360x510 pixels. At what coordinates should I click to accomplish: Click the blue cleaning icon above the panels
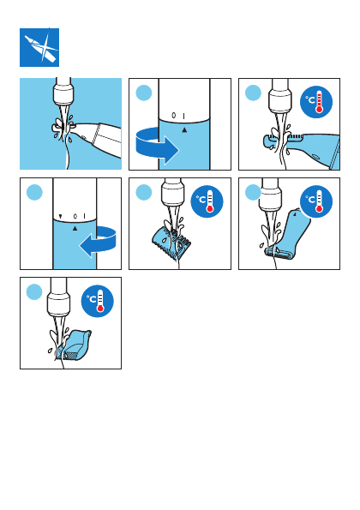[x=39, y=47]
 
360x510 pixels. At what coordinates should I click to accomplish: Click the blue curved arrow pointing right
[x=157, y=147]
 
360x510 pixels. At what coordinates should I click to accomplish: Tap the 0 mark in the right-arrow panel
[x=174, y=116]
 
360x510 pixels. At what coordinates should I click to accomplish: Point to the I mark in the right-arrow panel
[x=183, y=116]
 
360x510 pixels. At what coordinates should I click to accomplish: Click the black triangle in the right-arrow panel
[x=184, y=130]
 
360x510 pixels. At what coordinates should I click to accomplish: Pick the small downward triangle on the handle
[x=60, y=216]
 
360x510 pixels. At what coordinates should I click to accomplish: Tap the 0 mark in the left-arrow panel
[x=75, y=216]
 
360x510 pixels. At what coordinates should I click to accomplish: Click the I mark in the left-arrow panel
[x=84, y=216]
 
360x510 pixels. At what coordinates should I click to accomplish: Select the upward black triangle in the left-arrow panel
[x=75, y=229]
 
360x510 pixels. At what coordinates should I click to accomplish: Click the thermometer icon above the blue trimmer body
[x=316, y=102]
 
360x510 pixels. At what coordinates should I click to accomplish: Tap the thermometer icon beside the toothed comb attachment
[x=207, y=201]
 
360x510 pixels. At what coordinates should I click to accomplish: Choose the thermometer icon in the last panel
[x=97, y=301]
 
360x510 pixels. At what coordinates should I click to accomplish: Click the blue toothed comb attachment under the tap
[x=171, y=243]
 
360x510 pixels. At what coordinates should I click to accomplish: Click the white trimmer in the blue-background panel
[x=94, y=138]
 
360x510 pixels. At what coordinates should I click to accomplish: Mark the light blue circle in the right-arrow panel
[x=144, y=93]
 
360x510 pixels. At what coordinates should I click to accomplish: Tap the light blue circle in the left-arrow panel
[x=34, y=192]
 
